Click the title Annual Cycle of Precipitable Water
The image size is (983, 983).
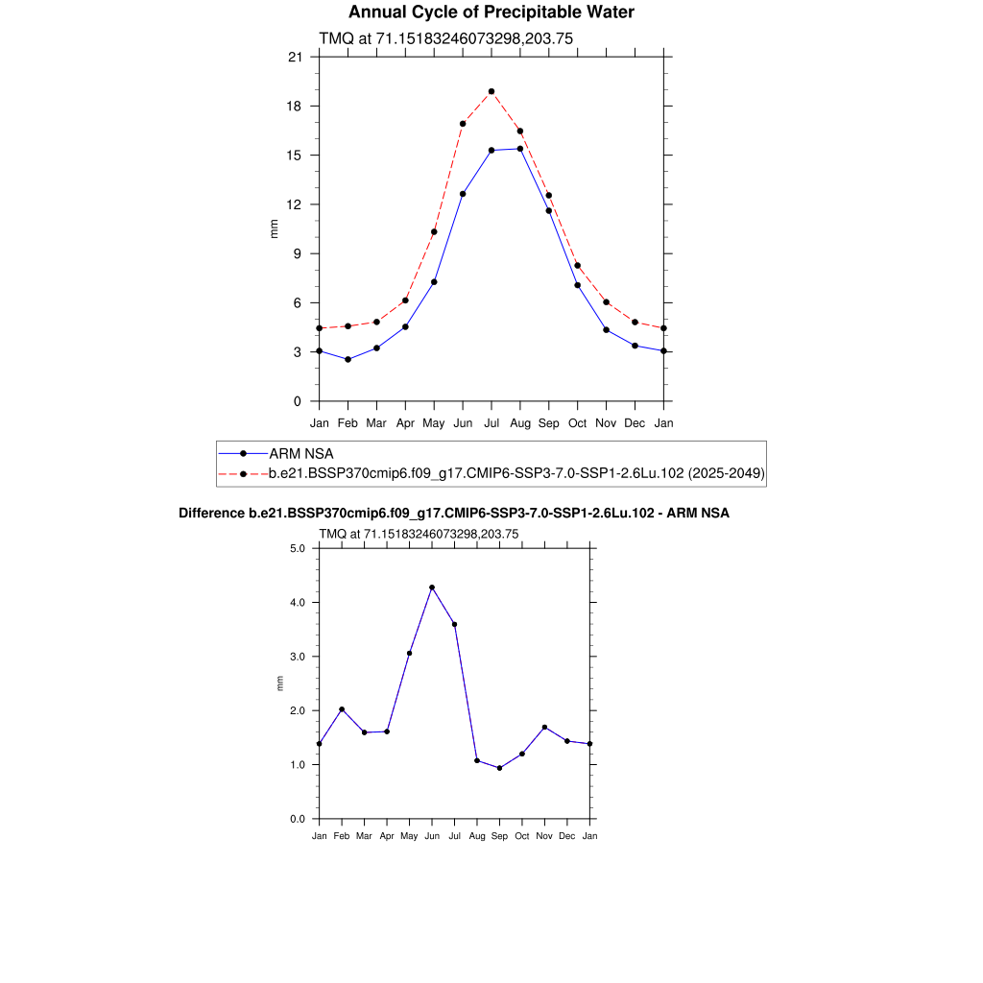pos(491,12)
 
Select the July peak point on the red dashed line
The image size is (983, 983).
pos(491,91)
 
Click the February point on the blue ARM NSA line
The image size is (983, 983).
pos(348,359)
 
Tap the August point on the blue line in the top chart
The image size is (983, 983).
pos(520,148)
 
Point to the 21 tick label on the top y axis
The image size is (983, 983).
pos(295,58)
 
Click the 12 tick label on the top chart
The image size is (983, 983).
pos(295,204)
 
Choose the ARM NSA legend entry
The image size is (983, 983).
pos(300,453)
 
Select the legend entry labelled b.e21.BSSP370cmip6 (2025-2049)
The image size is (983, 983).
pos(515,473)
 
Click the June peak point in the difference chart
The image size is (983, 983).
pos(432,587)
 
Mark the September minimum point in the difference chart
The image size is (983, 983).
pos(499,768)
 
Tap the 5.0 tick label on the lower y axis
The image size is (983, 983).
pos(297,549)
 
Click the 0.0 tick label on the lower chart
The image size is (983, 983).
pos(297,819)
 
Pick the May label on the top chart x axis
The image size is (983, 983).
pos(434,422)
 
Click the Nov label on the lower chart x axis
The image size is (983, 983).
pos(544,836)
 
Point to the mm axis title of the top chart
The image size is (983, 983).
pos(274,228)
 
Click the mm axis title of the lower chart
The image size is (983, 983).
pos(280,683)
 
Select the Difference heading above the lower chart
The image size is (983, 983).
pos(454,514)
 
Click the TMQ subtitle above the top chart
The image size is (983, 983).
pos(445,38)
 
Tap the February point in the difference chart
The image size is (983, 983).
pos(342,709)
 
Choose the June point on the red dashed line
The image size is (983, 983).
pos(463,124)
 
